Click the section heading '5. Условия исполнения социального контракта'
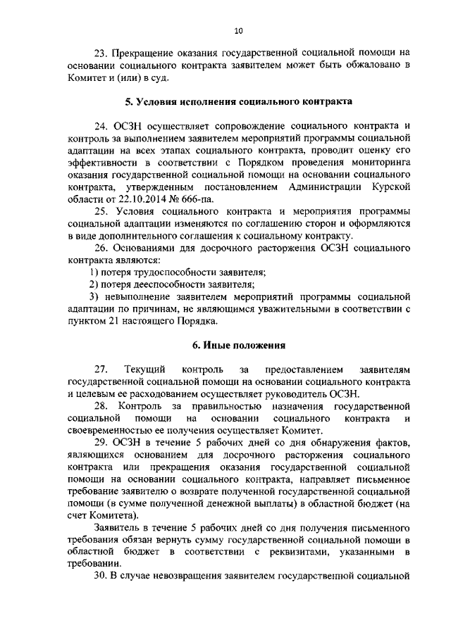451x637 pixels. click(x=239, y=101)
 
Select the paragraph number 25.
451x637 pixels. click(x=101, y=213)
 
